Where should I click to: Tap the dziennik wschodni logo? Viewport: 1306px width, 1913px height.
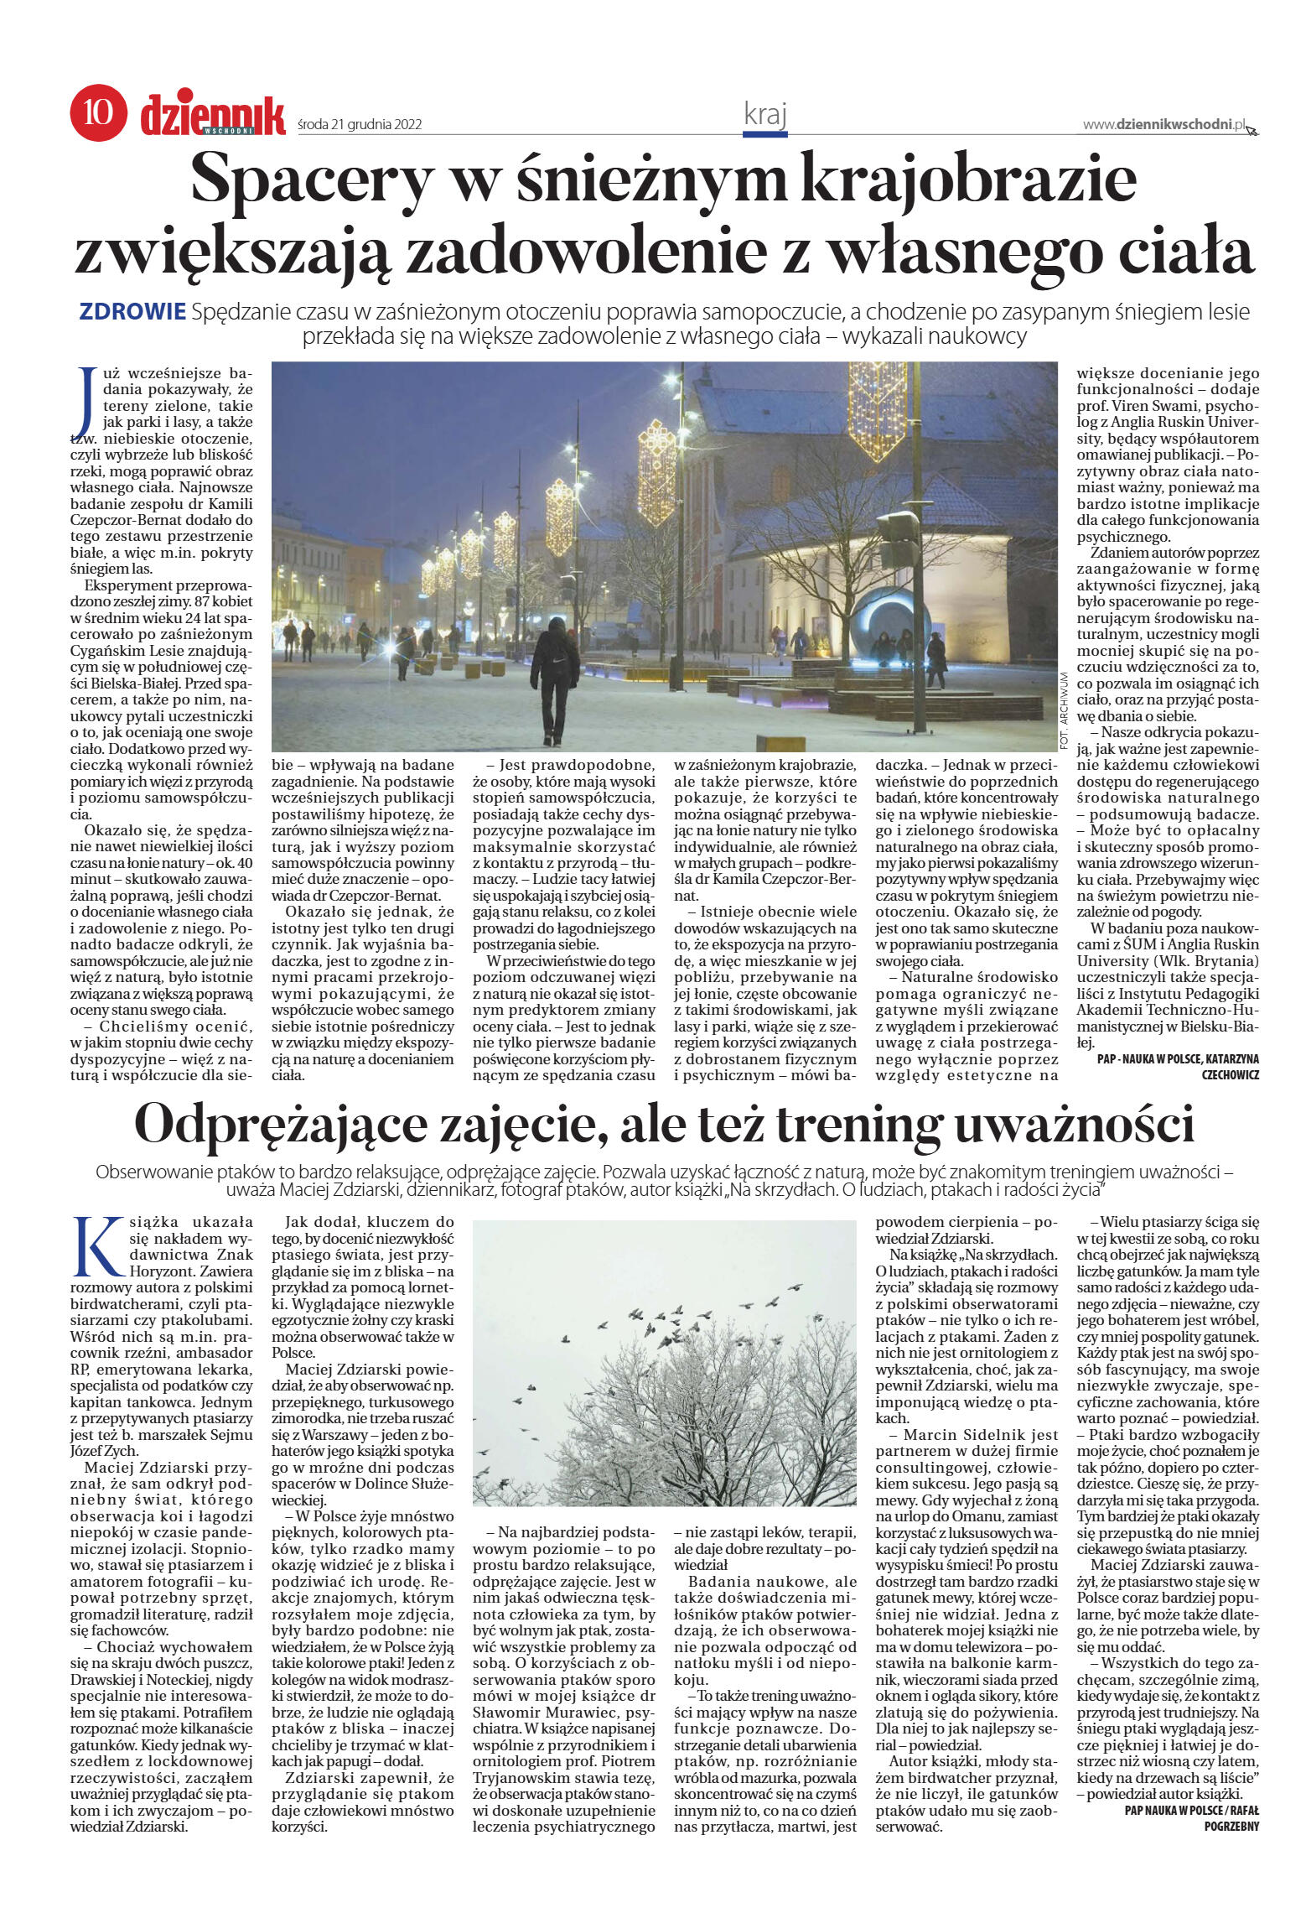(213, 115)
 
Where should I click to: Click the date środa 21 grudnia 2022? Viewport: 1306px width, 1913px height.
(360, 125)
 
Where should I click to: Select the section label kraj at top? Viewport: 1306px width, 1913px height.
(764, 114)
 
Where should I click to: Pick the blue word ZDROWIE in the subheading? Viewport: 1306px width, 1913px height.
(132, 312)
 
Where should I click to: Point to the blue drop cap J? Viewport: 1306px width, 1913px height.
(84, 400)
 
